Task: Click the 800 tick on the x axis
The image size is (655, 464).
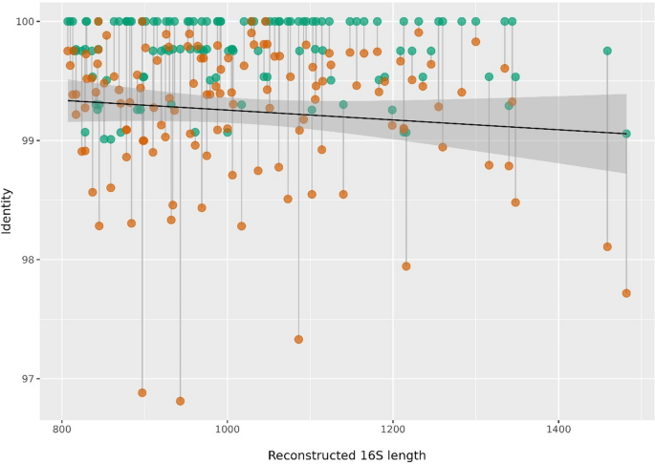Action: pyautogui.click(x=62, y=431)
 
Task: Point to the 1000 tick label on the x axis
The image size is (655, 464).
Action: pyautogui.click(x=228, y=431)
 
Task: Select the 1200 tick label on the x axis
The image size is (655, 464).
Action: pyautogui.click(x=393, y=431)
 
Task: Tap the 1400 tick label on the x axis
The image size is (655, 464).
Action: pyautogui.click(x=558, y=431)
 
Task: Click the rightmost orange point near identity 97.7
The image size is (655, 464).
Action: pyautogui.click(x=626, y=293)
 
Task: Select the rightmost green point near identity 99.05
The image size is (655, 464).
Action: pyautogui.click(x=626, y=134)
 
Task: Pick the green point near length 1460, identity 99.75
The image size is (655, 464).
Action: pyautogui.click(x=607, y=51)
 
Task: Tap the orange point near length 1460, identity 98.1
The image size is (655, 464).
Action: pyautogui.click(x=607, y=246)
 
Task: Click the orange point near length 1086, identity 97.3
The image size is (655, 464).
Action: pyautogui.click(x=298, y=339)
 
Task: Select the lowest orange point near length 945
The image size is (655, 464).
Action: pyautogui.click(x=180, y=401)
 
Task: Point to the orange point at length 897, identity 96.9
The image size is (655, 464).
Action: pyautogui.click(x=142, y=392)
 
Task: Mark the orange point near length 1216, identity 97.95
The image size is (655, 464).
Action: pyautogui.click(x=406, y=266)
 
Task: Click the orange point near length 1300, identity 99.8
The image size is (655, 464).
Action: pyautogui.click(x=475, y=42)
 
